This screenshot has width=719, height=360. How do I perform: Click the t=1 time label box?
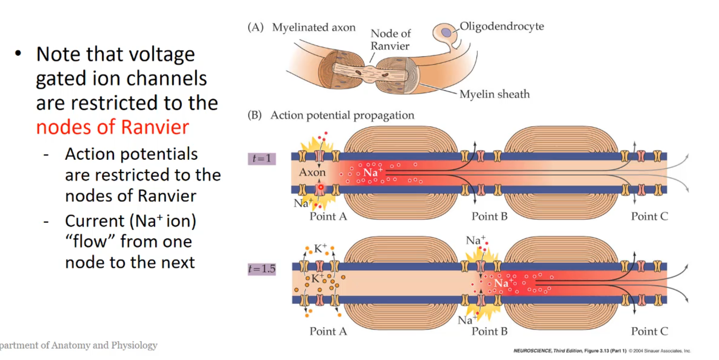[x=262, y=159]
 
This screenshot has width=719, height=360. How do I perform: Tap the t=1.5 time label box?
[x=262, y=269]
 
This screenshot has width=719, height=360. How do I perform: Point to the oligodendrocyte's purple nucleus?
[x=446, y=32]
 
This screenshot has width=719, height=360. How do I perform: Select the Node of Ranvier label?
[x=390, y=40]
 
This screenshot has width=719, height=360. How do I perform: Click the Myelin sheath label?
[x=494, y=94]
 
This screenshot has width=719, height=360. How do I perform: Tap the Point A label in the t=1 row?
[x=328, y=216]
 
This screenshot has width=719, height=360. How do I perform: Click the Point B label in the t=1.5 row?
[x=489, y=332]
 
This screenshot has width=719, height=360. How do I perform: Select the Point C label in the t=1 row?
[x=649, y=216]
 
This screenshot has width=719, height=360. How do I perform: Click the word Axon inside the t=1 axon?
[x=312, y=172]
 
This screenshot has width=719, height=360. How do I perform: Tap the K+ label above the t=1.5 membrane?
[x=320, y=248]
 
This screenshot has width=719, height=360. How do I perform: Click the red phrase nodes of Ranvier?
[x=112, y=127]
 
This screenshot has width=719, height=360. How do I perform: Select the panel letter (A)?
[x=256, y=28]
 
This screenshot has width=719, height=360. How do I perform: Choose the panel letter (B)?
[x=255, y=115]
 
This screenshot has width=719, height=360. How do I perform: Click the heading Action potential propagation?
[x=342, y=115]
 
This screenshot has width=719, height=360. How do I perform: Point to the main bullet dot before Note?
[x=18, y=53]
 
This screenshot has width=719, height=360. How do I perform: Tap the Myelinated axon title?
[x=314, y=28]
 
